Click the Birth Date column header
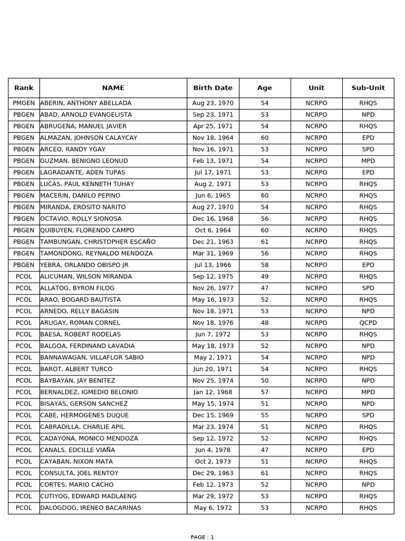coord(213,88)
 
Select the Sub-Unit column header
coord(368,88)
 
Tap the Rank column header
coord(24,88)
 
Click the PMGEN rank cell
coord(24,103)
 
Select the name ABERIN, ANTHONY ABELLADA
coord(86,103)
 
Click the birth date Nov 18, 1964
coord(213,138)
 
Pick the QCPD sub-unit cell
coord(368,323)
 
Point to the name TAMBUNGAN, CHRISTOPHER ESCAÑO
coord(98,242)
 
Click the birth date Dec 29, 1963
coord(213,473)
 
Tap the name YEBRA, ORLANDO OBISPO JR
coord(84,265)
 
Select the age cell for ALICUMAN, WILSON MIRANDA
coord(265,276)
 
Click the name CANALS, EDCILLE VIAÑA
coord(78,450)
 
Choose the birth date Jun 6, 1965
coord(213,195)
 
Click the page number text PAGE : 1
coord(202,537)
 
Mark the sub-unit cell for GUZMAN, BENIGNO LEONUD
coord(368,161)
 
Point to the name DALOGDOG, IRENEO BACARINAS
coord(91,508)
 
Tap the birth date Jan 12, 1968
coord(213,392)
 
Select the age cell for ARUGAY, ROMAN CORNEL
coord(265,323)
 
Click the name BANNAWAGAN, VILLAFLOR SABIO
coord(92,358)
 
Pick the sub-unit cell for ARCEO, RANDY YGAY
coord(368,150)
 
